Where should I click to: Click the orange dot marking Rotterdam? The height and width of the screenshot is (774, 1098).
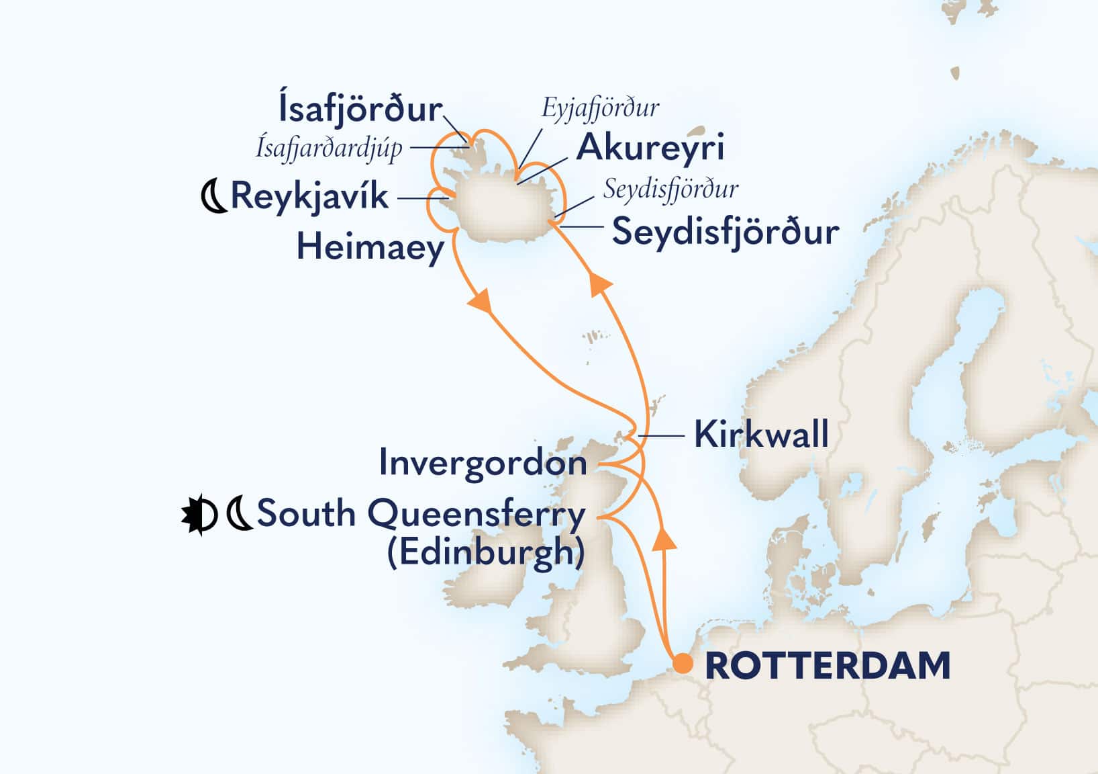tap(683, 663)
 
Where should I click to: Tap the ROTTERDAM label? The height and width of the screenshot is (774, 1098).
tap(828, 666)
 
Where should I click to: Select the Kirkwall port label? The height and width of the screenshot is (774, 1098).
tap(761, 434)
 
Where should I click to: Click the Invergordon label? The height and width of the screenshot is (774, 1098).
tap(483, 463)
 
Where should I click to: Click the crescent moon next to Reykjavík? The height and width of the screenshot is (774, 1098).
tap(215, 198)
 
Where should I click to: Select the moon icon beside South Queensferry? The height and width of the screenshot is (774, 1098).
tap(239, 516)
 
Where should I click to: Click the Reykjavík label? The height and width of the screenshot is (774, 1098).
tap(309, 197)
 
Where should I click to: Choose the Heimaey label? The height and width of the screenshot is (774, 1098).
tap(370, 247)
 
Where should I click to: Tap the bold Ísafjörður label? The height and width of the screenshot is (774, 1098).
tap(360, 110)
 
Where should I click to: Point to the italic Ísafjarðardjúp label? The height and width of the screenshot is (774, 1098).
tap(329, 148)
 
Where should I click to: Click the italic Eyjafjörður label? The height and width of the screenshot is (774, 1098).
tap(600, 108)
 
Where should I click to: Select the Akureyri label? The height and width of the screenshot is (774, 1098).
tap(650, 147)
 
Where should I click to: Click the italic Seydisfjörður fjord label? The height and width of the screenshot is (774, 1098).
tap(670, 189)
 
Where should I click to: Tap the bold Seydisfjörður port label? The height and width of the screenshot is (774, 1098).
tap(725, 232)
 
